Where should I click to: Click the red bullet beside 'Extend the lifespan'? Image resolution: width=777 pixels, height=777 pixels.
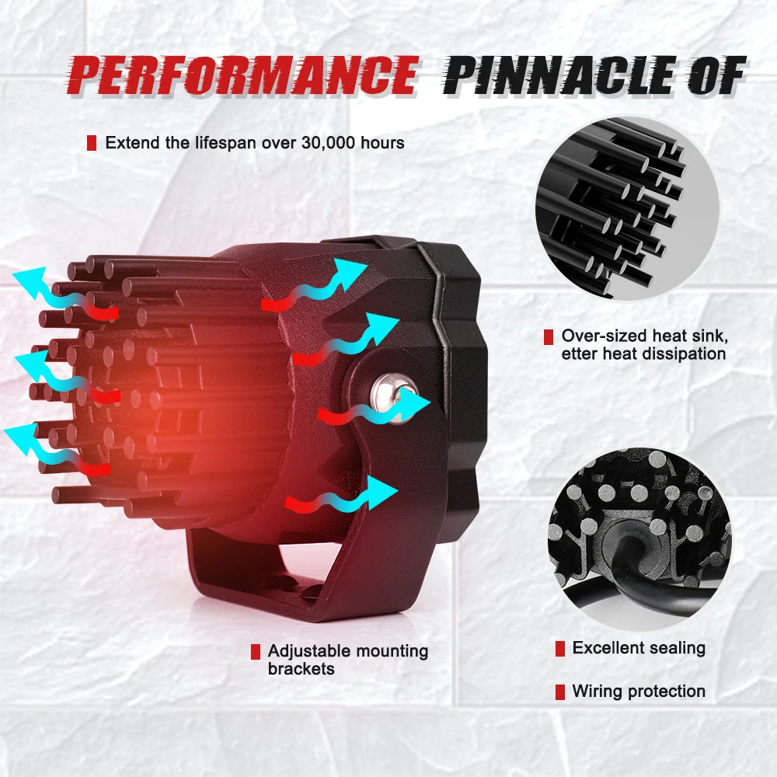[x=92, y=143]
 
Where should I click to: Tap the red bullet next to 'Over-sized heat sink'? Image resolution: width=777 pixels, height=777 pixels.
[x=548, y=337]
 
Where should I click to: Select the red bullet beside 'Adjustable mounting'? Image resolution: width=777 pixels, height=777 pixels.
[x=255, y=651]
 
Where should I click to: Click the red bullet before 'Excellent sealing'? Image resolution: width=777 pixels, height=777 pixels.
[x=559, y=648]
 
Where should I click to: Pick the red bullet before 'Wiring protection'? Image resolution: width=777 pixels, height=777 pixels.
[x=559, y=691]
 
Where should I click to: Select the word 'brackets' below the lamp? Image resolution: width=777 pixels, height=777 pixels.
[x=301, y=668]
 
